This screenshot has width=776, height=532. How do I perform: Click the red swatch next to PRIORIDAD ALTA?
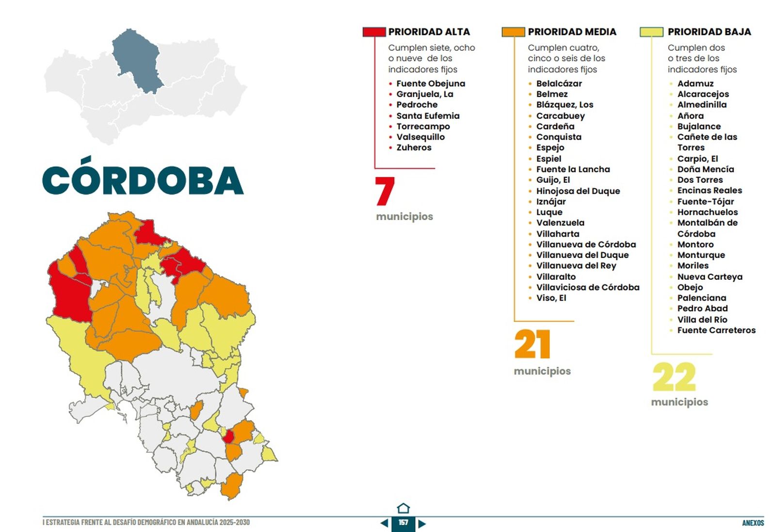(x=374, y=32)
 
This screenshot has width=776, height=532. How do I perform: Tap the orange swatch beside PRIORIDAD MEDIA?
(x=513, y=32)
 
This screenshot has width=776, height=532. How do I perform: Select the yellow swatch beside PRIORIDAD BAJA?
(x=651, y=32)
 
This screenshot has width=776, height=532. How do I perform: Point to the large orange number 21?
(x=533, y=344)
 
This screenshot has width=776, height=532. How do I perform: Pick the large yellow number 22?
(x=674, y=377)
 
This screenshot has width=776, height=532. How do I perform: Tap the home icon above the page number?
(x=403, y=508)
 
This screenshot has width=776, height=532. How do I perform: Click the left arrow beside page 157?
(x=384, y=523)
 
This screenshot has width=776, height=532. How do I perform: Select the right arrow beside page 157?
(x=422, y=523)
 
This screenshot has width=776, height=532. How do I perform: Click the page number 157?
(x=403, y=523)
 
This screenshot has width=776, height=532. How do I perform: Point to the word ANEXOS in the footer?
(x=753, y=523)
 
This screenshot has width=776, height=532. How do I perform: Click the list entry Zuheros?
(x=414, y=147)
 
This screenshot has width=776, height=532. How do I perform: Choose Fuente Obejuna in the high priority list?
(x=431, y=83)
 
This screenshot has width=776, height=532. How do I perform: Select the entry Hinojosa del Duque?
(x=578, y=191)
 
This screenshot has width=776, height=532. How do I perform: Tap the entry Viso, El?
(x=551, y=298)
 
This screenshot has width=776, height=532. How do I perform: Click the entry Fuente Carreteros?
(x=716, y=330)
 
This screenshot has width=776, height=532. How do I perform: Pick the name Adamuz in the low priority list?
(x=695, y=83)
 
